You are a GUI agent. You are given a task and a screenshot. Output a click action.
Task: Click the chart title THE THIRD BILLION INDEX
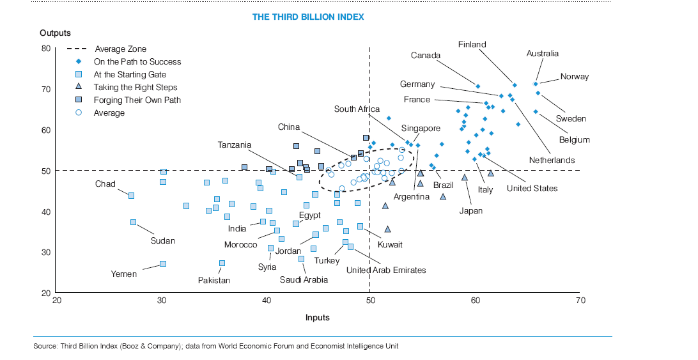pyautogui.click(x=308, y=17)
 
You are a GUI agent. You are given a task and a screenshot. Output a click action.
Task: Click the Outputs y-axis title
pyautogui.click(x=55, y=33)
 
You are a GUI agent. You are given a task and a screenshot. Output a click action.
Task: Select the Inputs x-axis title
pyautogui.click(x=318, y=317)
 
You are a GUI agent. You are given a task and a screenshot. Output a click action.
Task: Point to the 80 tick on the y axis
pyautogui.click(x=45, y=49)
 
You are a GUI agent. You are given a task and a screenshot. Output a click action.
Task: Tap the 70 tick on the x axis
pyautogui.click(x=580, y=301)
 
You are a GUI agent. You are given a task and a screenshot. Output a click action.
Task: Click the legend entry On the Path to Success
pyautogui.click(x=137, y=62)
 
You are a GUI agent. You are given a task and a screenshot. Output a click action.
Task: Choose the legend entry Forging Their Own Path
pyautogui.click(x=137, y=100)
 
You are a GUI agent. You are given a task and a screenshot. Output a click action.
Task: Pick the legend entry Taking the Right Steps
pyautogui.click(x=135, y=87)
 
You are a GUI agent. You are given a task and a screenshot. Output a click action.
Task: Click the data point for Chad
pyautogui.click(x=131, y=196)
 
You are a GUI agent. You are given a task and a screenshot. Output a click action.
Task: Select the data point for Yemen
pyautogui.click(x=162, y=263)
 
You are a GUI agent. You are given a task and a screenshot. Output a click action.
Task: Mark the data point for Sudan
pyautogui.click(x=133, y=222)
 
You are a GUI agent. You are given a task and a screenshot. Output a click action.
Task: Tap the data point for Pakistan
pyautogui.click(x=222, y=263)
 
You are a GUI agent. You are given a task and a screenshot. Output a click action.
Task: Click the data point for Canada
pyautogui.click(x=477, y=86)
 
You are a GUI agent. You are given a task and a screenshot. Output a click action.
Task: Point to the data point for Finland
pyautogui.click(x=515, y=85)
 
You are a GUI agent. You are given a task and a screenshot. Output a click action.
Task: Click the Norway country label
pyautogui.click(x=574, y=77)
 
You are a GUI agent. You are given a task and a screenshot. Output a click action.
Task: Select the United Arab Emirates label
pyautogui.click(x=385, y=270)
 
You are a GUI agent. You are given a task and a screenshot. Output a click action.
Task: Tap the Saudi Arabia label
pyautogui.click(x=304, y=279)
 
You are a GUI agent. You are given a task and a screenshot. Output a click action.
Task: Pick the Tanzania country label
pyautogui.click(x=235, y=145)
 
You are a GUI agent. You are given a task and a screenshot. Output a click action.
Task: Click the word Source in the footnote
pyautogui.click(x=45, y=346)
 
